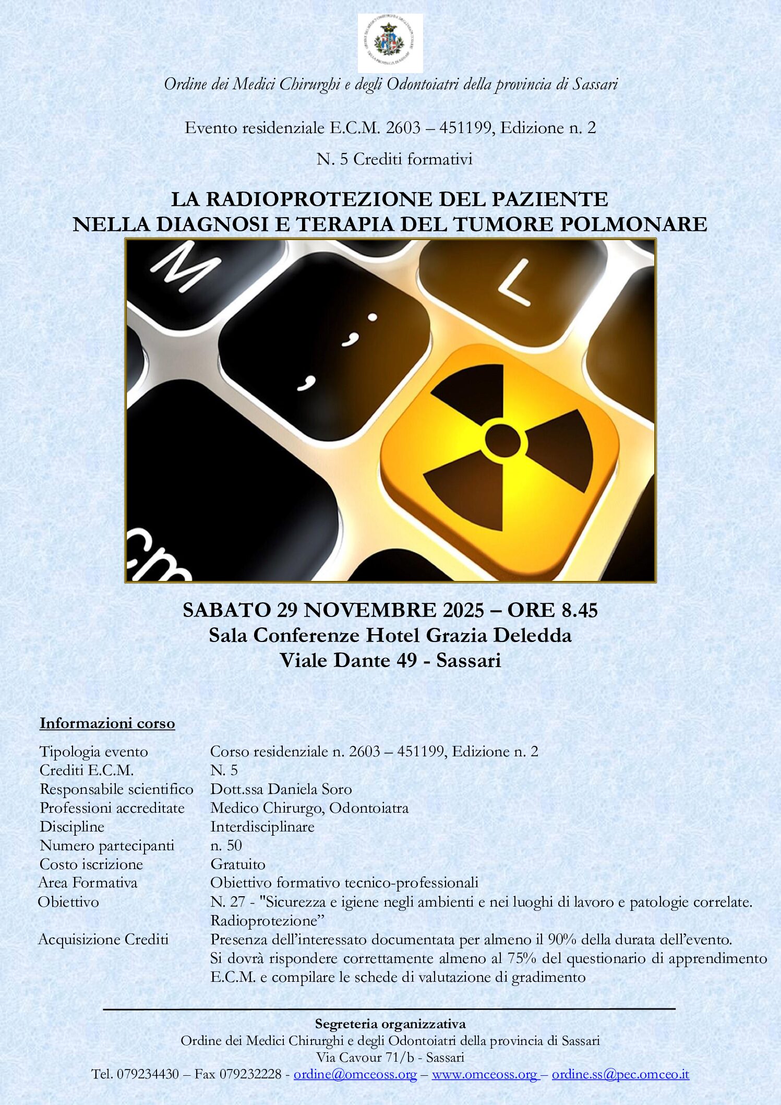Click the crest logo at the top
(390, 43)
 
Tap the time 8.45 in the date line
(580, 610)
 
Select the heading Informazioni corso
(107, 723)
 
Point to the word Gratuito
(238, 864)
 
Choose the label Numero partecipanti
(107, 845)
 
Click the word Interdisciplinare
(262, 826)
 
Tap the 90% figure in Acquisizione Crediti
(562, 940)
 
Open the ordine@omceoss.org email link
(355, 1074)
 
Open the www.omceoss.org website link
(485, 1074)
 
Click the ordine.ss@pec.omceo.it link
(620, 1074)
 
